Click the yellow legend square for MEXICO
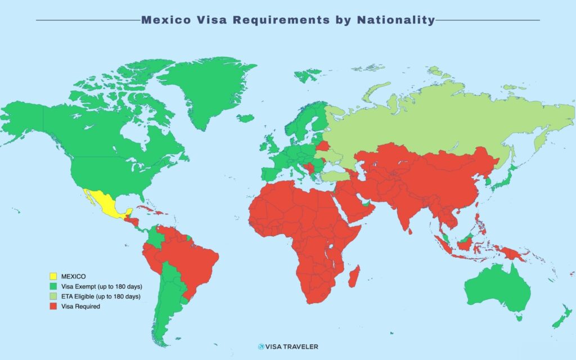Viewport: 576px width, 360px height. pyautogui.click(x=53, y=276)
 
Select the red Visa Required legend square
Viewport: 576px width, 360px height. pyautogui.click(x=53, y=306)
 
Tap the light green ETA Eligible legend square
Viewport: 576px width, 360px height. pyautogui.click(x=53, y=296)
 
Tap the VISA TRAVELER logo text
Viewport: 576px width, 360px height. pyautogui.click(x=291, y=346)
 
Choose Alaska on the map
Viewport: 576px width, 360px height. pyautogui.click(x=22, y=118)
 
